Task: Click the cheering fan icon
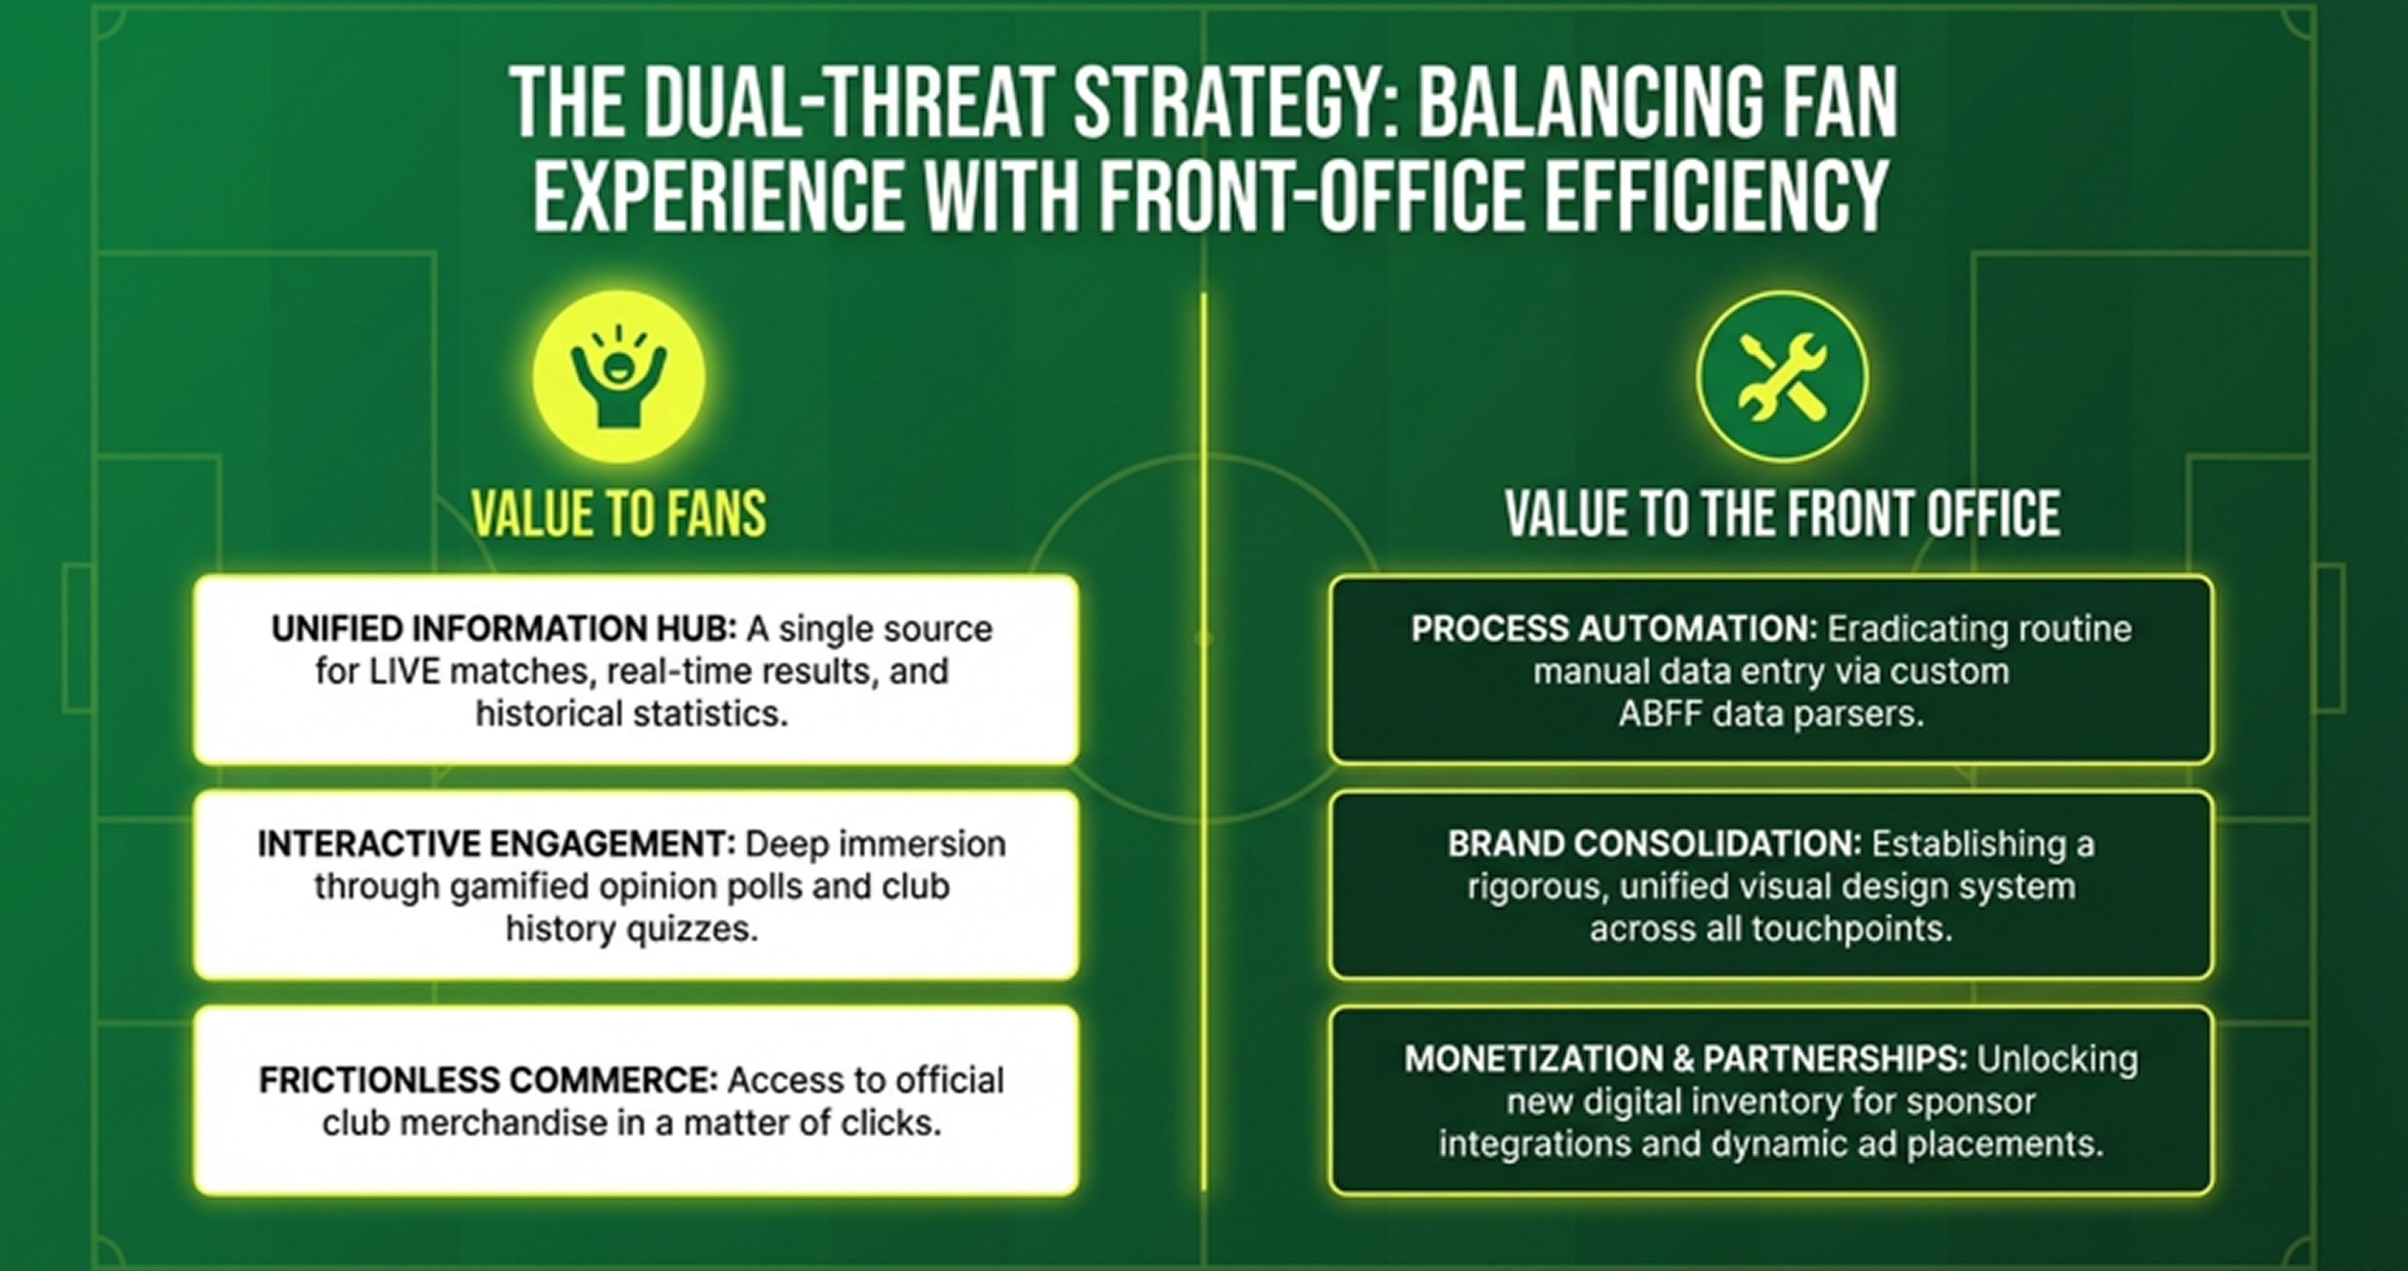pos(618,376)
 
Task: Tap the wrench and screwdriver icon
pos(1782,376)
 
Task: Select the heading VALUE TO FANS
pos(619,514)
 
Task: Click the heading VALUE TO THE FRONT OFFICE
pos(1783,514)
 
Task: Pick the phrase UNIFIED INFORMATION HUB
pos(504,629)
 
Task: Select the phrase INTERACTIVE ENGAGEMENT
pos(497,844)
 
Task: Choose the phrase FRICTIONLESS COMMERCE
pos(488,1081)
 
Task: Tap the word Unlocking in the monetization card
pos(2057,1060)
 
